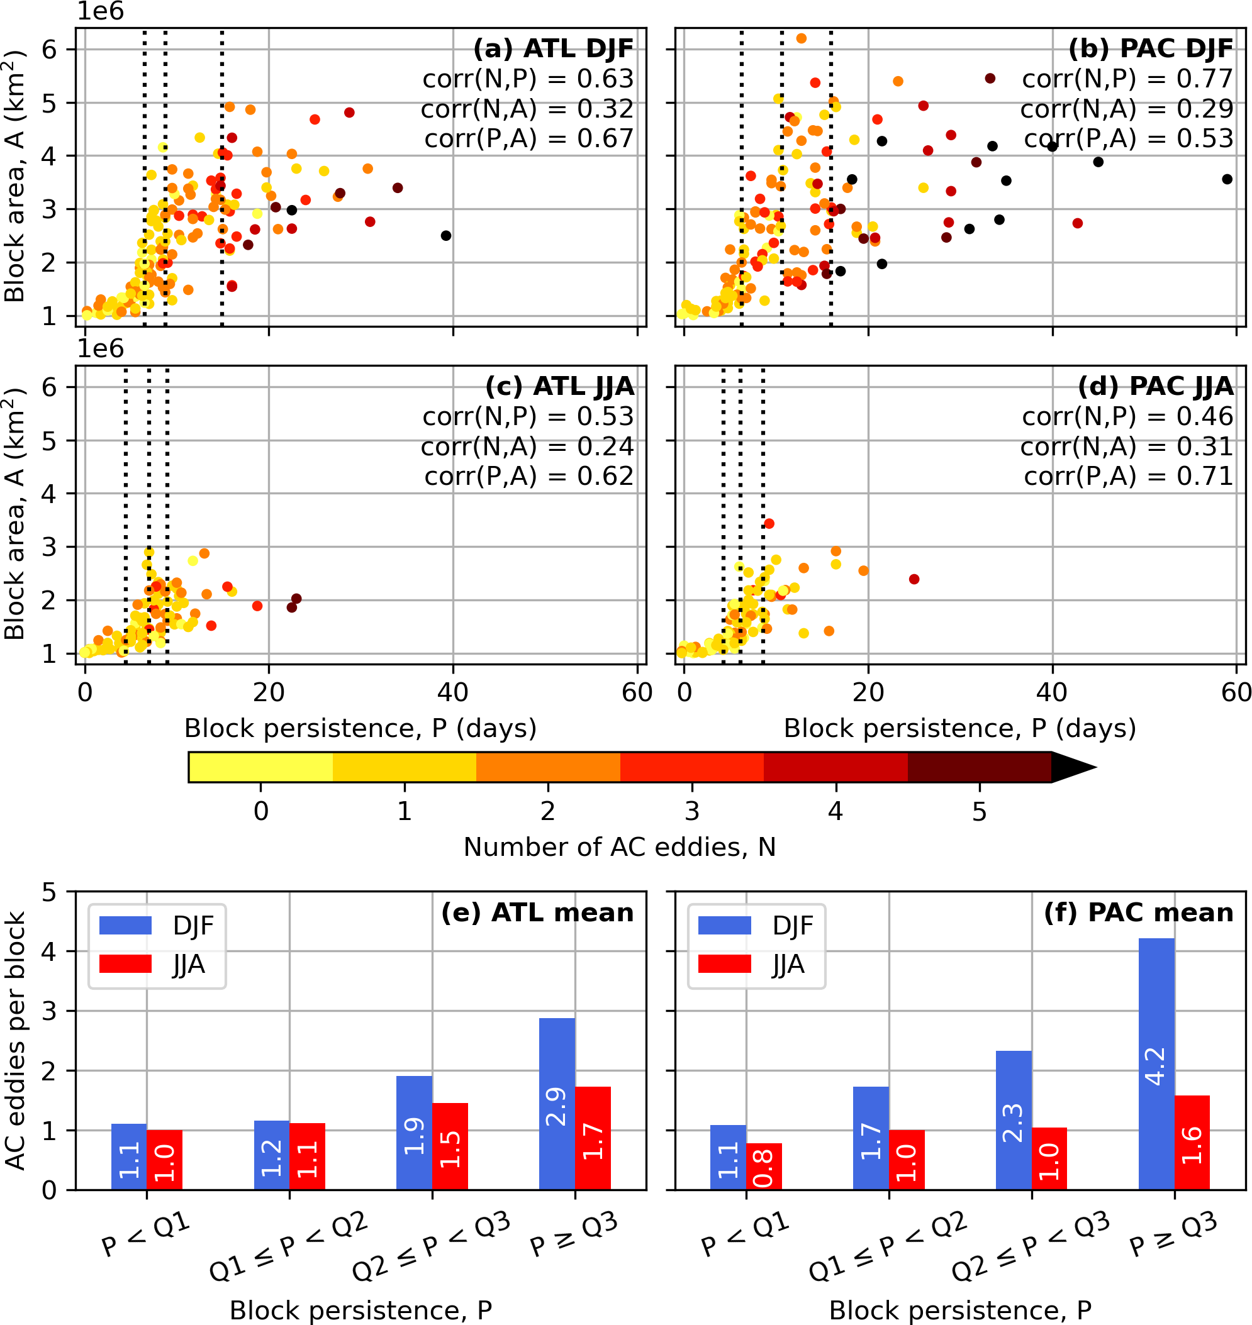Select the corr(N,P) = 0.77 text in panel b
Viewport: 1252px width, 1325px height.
[1127, 79]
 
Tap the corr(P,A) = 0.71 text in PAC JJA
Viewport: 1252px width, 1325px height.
[1128, 475]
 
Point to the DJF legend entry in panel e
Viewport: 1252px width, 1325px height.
[157, 926]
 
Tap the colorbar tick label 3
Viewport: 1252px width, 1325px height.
[692, 812]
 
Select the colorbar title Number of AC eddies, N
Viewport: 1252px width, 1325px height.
[619, 847]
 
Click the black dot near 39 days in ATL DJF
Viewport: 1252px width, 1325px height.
[447, 236]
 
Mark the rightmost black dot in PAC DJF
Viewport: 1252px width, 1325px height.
[1227, 179]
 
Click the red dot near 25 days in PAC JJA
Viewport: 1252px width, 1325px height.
[914, 579]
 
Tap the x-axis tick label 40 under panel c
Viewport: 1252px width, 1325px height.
[452, 692]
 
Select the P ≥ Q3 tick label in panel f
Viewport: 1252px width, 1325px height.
[1173, 1236]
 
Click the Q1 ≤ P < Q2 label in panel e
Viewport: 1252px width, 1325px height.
[288, 1246]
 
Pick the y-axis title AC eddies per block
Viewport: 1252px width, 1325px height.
[15, 1041]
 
